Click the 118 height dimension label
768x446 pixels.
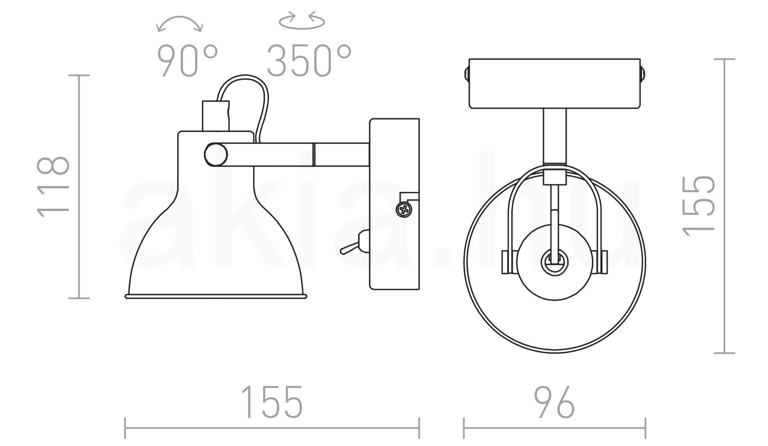pos(53,187)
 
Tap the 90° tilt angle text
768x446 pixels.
pos(187,61)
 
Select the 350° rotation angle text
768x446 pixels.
pos(309,61)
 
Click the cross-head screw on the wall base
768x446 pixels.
pos(404,209)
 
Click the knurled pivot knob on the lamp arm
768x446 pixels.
pos(216,154)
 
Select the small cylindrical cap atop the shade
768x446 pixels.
pos(216,116)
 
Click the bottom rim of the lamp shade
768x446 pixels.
pos(216,296)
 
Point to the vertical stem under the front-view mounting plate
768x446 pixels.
pos(555,136)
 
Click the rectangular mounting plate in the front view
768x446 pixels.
pos(554,84)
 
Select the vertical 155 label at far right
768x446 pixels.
pos(698,205)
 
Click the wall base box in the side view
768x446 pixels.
pos(394,204)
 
